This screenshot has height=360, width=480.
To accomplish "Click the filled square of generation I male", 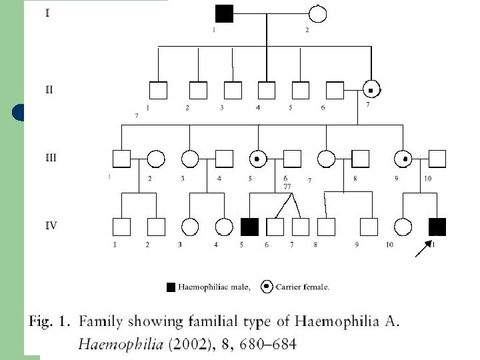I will [224, 13].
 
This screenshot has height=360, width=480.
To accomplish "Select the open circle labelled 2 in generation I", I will [317, 13].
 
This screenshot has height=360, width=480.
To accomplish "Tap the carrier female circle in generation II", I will [372, 89].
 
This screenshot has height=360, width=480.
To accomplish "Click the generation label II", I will [49, 89].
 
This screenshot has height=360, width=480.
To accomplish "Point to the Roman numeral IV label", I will [51, 225].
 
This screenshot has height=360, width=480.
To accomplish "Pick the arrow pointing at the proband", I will [423, 249].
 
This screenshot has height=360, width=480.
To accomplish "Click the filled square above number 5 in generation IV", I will [249, 227].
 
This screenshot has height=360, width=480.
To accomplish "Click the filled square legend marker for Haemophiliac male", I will [171, 287].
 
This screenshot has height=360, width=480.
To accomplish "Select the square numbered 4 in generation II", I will [266, 89].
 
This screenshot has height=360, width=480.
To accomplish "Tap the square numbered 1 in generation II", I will [157, 89].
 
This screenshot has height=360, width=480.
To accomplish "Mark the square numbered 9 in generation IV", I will [369, 227].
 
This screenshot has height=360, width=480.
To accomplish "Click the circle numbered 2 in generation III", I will [155, 159].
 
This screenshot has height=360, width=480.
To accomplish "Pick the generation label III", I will [51, 158].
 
